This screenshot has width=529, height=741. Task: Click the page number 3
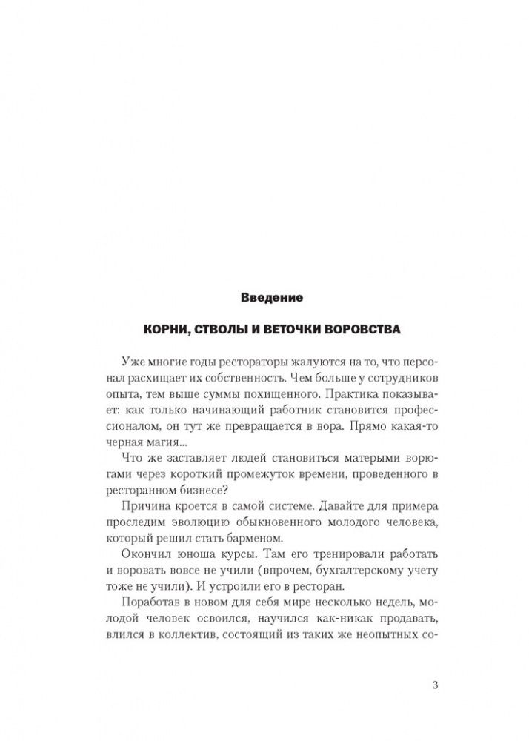tap(434, 684)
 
